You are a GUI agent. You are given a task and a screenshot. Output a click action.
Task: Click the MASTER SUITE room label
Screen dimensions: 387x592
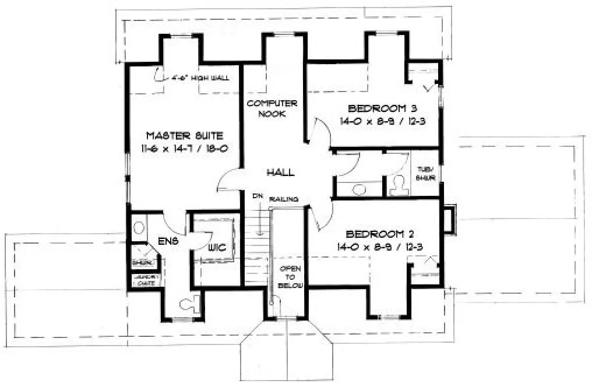click(184, 135)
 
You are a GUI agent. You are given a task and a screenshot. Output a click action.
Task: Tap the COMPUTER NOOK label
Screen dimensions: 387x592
click(272, 108)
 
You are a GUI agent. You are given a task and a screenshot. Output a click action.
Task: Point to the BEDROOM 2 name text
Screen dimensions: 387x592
click(380, 234)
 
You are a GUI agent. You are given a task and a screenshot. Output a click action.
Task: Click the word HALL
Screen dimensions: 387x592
click(280, 173)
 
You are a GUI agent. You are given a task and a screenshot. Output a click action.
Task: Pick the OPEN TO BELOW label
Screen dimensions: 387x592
click(288, 277)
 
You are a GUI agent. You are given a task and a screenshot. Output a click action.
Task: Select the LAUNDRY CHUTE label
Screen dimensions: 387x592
click(146, 280)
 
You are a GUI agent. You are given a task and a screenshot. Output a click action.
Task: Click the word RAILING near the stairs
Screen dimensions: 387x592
click(288, 199)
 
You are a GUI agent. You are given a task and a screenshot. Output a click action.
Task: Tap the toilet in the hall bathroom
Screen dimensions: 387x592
click(400, 185)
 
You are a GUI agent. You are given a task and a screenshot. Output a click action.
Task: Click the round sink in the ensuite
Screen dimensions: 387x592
click(139, 227)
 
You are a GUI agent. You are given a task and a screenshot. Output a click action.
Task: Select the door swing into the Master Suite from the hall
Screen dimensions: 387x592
click(227, 180)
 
